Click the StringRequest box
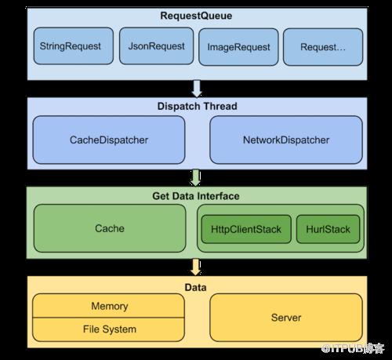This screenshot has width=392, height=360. [x=74, y=46]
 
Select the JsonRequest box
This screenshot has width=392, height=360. [x=156, y=46]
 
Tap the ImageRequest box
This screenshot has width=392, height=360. [x=238, y=47]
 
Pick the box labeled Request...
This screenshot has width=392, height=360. [x=323, y=47]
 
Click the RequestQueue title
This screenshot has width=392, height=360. [x=196, y=16]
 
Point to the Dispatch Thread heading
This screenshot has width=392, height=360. [x=198, y=106]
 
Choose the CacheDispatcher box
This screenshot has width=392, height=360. [x=109, y=140]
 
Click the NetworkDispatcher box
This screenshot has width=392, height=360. [x=286, y=140]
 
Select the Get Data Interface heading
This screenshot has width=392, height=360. [x=196, y=196]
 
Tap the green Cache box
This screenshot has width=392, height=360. [x=110, y=228]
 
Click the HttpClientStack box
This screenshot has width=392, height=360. [x=246, y=229]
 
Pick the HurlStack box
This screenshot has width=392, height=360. [x=328, y=229]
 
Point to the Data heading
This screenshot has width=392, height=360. [x=195, y=287]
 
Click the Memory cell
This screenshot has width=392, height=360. [x=109, y=306]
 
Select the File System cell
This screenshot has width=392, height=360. [x=109, y=329]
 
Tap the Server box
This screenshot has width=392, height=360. [x=286, y=318]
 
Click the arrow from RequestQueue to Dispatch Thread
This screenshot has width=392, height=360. [x=197, y=89]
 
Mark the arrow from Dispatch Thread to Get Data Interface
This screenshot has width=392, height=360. [x=196, y=178]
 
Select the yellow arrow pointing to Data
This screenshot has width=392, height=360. [x=196, y=267]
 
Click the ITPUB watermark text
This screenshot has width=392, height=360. [x=353, y=348]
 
